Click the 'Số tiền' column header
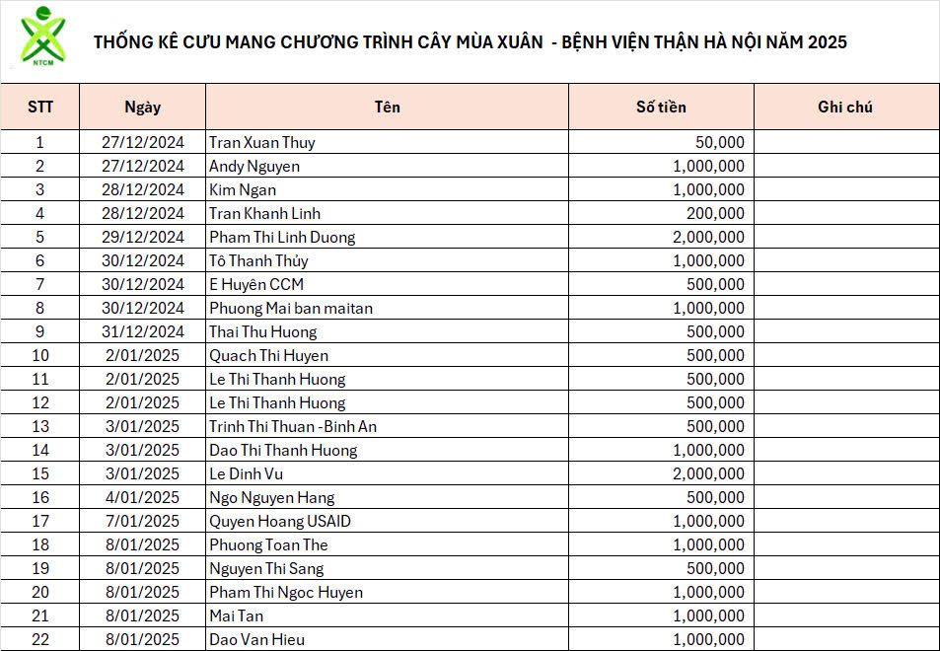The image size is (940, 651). pos(661,107)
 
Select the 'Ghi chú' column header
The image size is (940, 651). pos(845,107)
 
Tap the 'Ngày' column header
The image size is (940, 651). pos(142,107)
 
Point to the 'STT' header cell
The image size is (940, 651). pos(40,107)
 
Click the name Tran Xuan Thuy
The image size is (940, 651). pos(261,142)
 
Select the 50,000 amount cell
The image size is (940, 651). pos(719,142)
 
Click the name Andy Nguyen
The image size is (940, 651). pos(253,166)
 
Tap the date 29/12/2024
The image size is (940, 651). pos(143,237)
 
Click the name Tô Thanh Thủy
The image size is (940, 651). pos(258,260)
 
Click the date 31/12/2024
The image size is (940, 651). pos(143,331)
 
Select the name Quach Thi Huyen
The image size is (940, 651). pos(268,355)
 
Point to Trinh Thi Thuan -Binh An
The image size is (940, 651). pos(293,426)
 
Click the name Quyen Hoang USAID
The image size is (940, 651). pos(279,521)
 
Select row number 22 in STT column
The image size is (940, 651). pos(40,639)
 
